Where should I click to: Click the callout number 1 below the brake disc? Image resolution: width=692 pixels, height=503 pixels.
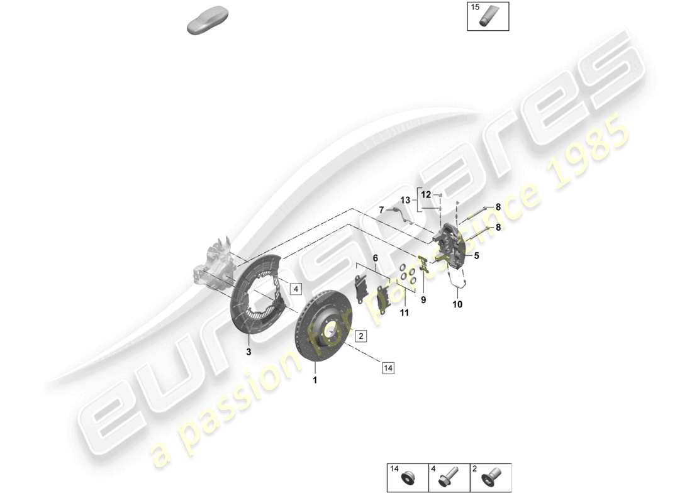[315, 380]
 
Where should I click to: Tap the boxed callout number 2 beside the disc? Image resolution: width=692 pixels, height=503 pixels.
[360, 336]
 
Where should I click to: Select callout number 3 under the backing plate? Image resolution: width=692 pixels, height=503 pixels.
[248, 353]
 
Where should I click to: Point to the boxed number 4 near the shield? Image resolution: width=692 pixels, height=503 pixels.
[296, 289]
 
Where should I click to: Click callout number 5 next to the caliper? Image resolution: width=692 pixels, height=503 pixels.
[476, 256]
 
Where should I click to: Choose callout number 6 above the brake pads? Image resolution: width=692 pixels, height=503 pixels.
[375, 258]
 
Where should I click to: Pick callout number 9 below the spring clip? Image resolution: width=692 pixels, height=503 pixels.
[423, 300]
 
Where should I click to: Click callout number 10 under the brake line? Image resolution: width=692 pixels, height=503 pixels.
[457, 305]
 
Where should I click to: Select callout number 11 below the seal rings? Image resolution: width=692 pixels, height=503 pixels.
[404, 312]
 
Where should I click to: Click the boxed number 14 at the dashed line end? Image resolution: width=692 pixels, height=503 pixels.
[387, 369]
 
